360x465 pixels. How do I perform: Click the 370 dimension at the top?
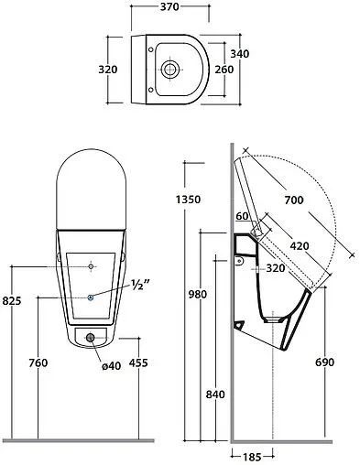(169, 6)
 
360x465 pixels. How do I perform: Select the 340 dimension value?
(240, 54)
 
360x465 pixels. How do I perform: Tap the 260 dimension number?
(224, 70)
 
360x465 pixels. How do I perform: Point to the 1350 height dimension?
(188, 200)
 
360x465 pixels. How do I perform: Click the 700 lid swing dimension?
(294, 200)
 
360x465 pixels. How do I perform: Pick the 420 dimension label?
(300, 246)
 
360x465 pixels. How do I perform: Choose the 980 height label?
(198, 295)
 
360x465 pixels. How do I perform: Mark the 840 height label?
(215, 395)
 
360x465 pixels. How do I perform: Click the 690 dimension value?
(325, 362)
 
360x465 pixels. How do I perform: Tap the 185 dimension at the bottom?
(252, 457)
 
